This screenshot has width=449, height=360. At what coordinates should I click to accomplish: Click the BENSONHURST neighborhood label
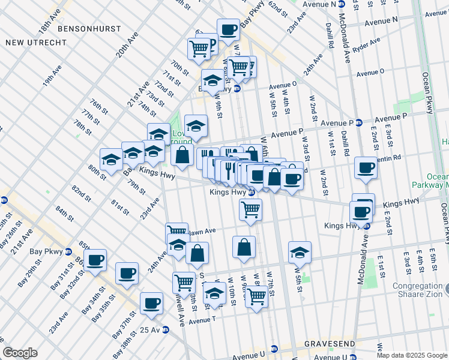pyautogui.click(x=87, y=28)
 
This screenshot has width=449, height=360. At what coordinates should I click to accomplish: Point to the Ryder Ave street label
pyautogui.click(x=367, y=44)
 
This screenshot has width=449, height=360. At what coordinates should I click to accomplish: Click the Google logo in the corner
pyautogui.click(x=20, y=353)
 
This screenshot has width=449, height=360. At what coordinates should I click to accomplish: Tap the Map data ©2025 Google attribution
pyautogui.click(x=412, y=355)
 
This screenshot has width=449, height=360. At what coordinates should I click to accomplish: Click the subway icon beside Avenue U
pyautogui.click(x=274, y=349)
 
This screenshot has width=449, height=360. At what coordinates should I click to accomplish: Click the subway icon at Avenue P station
pyautogui.click(x=359, y=122)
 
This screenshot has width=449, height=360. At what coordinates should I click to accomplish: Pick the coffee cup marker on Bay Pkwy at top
pyautogui.click(x=228, y=29)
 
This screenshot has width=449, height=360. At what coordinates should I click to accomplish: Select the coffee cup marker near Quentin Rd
pyautogui.click(x=365, y=168)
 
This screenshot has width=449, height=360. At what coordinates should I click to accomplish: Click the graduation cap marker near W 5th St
pyautogui.click(x=300, y=253)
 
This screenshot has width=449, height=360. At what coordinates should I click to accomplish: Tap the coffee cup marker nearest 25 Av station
pyautogui.click(x=152, y=303)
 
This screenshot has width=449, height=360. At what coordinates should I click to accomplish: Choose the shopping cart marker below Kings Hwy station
pyautogui.click(x=250, y=209)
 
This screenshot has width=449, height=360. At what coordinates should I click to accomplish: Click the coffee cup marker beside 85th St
pyautogui.click(x=95, y=260)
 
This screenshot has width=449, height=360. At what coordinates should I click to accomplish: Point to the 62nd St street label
pyautogui.click(x=279, y=8)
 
